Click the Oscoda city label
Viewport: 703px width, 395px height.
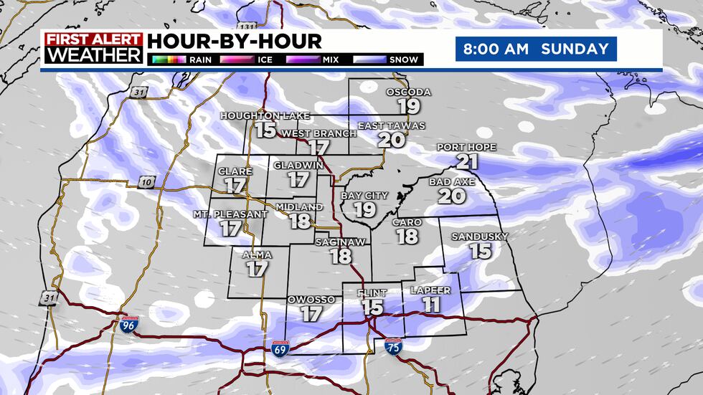tap(408, 92)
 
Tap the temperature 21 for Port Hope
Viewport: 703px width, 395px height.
tap(466, 161)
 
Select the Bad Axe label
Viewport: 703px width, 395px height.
tap(452, 182)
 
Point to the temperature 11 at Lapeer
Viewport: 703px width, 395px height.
tap(430, 304)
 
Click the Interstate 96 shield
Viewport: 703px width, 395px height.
tap(128, 325)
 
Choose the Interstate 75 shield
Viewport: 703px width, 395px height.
tap(393, 346)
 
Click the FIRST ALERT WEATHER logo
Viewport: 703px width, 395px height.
tap(93, 49)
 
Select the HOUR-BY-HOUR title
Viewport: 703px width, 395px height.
tap(235, 41)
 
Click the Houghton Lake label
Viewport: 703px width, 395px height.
tap(265, 115)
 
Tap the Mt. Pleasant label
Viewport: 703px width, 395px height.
tap(230, 214)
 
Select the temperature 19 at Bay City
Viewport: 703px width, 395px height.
tap(364, 209)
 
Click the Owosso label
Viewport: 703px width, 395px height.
tap(311, 299)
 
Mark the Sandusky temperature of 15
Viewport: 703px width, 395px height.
tap(480, 251)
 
